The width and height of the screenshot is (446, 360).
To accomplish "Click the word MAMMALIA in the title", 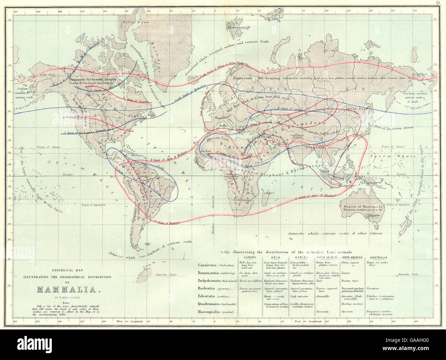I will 69,289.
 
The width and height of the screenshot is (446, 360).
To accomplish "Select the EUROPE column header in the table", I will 250,257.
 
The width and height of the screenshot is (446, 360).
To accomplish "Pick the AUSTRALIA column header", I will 379,257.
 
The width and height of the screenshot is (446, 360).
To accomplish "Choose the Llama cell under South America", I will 346,273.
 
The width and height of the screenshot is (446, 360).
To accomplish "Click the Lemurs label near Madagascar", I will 268,193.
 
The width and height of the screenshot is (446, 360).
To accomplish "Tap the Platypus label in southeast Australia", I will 374,216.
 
